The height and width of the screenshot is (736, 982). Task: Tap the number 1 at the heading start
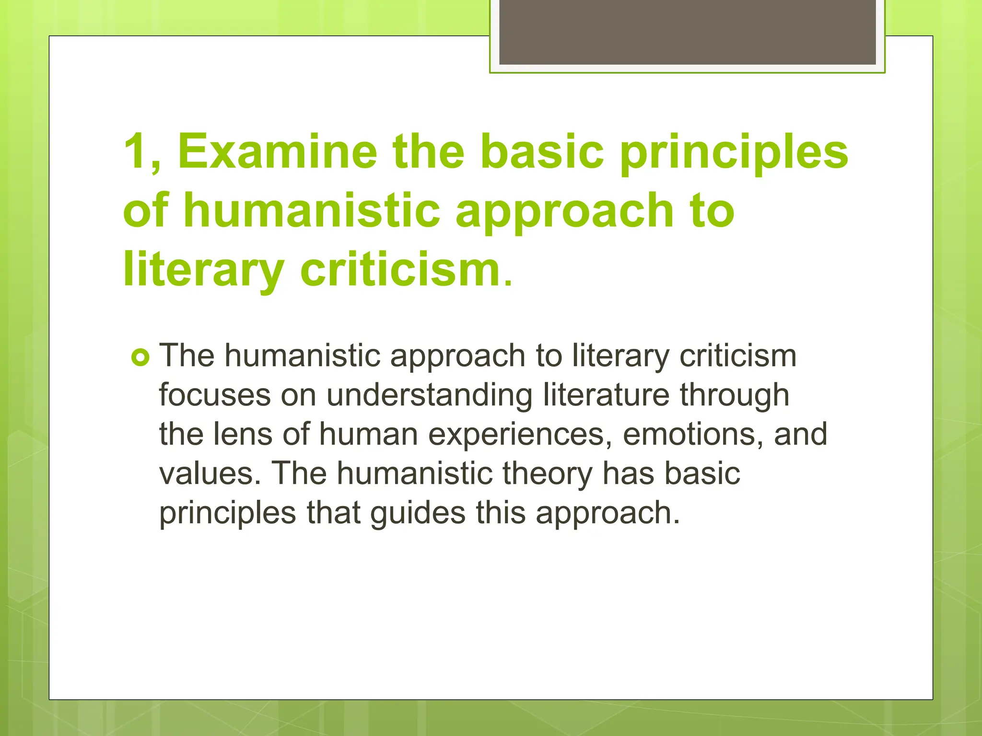tap(135, 151)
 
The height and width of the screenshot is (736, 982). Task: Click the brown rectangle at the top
tap(687, 32)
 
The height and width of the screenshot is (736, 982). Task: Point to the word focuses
tap(214, 395)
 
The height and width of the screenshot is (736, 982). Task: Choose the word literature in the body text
tap(606, 395)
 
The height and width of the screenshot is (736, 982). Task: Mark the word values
tap(210, 473)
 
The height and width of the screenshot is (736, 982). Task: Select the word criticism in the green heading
tap(400, 269)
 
